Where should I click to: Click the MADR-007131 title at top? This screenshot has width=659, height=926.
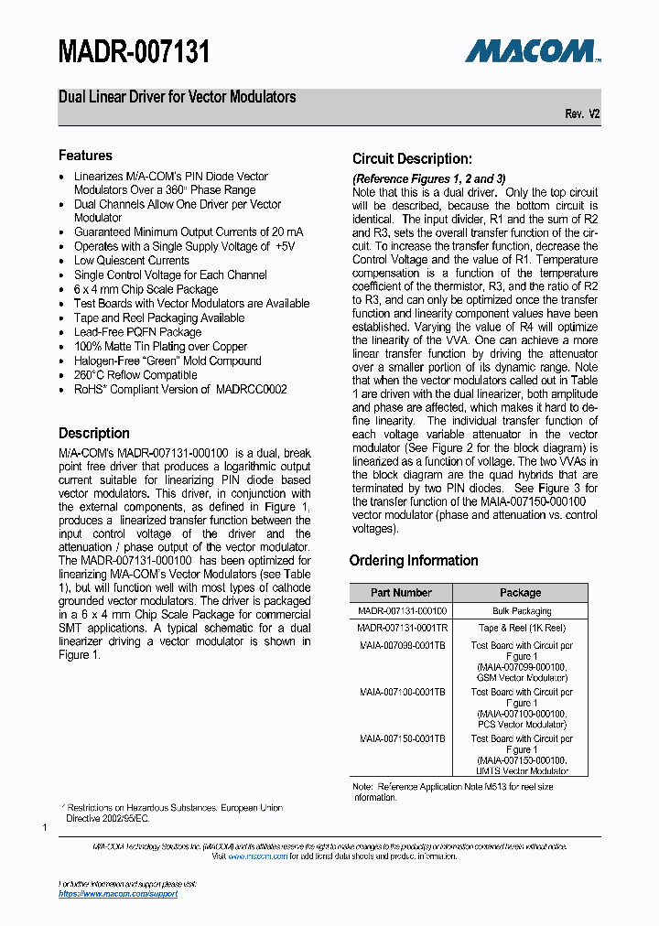(x=135, y=52)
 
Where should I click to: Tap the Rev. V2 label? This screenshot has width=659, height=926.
(x=582, y=114)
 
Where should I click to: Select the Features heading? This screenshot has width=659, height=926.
(x=85, y=156)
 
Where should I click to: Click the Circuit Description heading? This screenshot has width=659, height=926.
(x=412, y=158)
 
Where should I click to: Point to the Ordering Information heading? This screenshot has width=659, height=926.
(x=414, y=560)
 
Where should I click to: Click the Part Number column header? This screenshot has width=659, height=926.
(x=401, y=593)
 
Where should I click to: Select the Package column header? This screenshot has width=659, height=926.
(x=520, y=593)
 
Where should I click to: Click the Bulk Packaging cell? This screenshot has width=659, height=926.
(x=520, y=610)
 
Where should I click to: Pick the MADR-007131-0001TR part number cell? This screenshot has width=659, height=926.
(x=402, y=628)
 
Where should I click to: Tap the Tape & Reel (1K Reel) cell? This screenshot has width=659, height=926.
(x=520, y=628)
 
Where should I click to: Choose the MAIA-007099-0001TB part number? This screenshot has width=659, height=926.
(x=402, y=645)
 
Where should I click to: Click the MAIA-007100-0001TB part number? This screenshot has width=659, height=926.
(x=402, y=692)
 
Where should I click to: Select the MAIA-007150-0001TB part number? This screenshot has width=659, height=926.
(x=402, y=738)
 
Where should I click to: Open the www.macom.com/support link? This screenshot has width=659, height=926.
(x=118, y=894)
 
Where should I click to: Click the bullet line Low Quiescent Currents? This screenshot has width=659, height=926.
(x=132, y=261)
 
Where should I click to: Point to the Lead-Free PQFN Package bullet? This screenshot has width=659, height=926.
(x=137, y=332)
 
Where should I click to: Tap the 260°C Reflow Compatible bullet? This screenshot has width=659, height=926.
(x=135, y=375)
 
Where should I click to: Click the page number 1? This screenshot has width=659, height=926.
(x=45, y=827)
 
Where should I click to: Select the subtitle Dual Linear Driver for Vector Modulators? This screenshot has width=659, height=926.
(x=178, y=97)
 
